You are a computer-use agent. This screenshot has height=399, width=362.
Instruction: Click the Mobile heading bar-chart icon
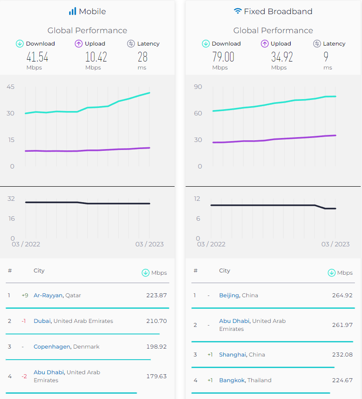72,12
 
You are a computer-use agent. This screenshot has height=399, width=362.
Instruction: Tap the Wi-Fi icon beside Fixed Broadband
237,12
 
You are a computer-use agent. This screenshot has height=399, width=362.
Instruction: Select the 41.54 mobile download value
37,57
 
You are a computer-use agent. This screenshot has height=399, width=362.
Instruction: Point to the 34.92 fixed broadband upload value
282,57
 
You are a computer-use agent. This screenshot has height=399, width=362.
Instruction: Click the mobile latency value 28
142,57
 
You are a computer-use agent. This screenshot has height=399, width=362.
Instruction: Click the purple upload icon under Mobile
79,44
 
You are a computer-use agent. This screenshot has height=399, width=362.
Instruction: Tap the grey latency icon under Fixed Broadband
317,44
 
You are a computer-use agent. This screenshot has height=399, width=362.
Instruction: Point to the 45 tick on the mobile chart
10,87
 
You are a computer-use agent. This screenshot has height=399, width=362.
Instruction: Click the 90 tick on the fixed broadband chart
198,87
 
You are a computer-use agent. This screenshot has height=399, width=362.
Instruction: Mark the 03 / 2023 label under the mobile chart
149,244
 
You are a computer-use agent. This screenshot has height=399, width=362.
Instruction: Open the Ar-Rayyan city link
48,295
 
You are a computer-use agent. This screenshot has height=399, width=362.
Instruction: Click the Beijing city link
229,295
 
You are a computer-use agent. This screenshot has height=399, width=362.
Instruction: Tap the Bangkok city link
232,380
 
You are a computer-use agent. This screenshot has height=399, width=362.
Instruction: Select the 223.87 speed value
156,295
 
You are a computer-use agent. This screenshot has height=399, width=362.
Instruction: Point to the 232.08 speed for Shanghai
342,355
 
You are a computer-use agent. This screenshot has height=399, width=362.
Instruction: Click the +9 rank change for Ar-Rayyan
25,295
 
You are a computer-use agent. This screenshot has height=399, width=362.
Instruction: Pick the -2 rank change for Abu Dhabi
25,376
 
